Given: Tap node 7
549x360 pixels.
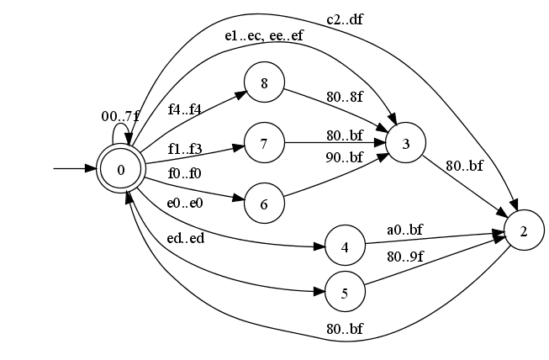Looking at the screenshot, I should pyautogui.click(x=264, y=143).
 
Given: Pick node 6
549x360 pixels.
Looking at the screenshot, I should pyautogui.click(x=264, y=204).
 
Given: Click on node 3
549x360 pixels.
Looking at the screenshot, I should pyautogui.click(x=406, y=143).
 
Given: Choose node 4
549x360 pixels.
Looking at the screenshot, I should pyautogui.click(x=346, y=248).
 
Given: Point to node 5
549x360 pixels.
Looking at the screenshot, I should pyautogui.click(x=346, y=294).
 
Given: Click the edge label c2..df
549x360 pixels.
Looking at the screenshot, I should pyautogui.click(x=346, y=19).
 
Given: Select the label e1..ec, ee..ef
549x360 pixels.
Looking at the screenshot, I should pyautogui.click(x=264, y=36).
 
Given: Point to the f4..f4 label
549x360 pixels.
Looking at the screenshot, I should pyautogui.click(x=185, y=109).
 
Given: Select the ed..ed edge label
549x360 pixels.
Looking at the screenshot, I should pyautogui.click(x=185, y=238).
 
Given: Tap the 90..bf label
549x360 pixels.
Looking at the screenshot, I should pyautogui.click(x=346, y=157).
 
